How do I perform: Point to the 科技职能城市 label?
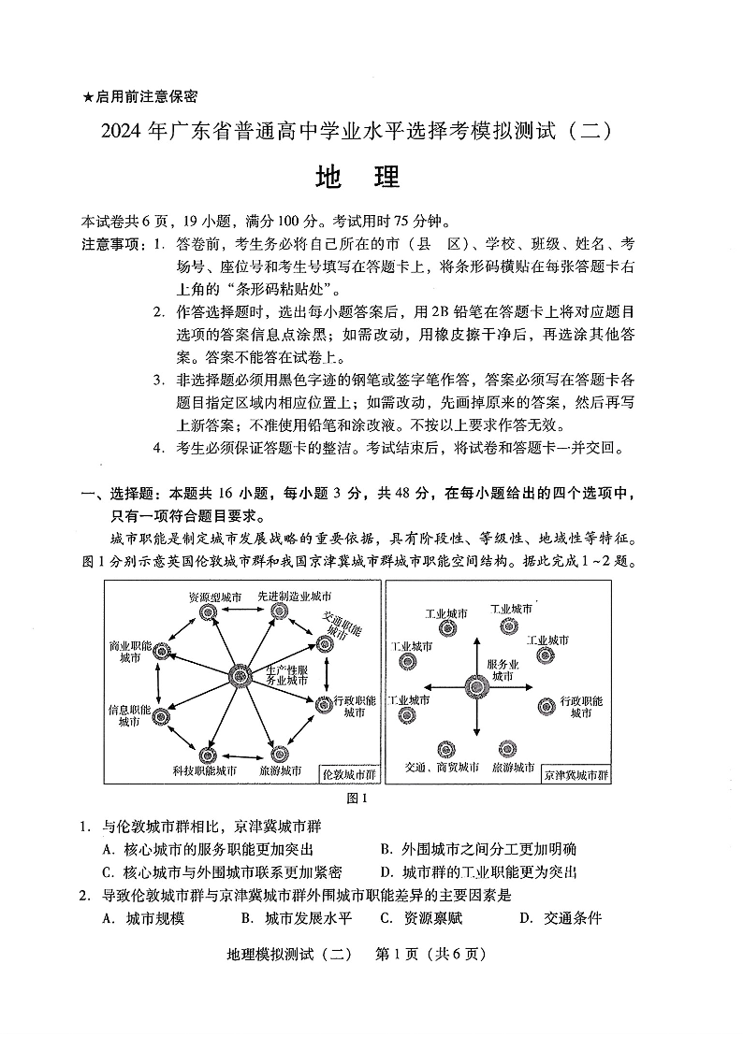205,771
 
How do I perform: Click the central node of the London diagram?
240,675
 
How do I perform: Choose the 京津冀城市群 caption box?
575,775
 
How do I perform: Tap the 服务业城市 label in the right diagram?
503,669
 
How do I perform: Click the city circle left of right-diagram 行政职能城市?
546,706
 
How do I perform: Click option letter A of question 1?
108,849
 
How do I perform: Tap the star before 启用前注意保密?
88,96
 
